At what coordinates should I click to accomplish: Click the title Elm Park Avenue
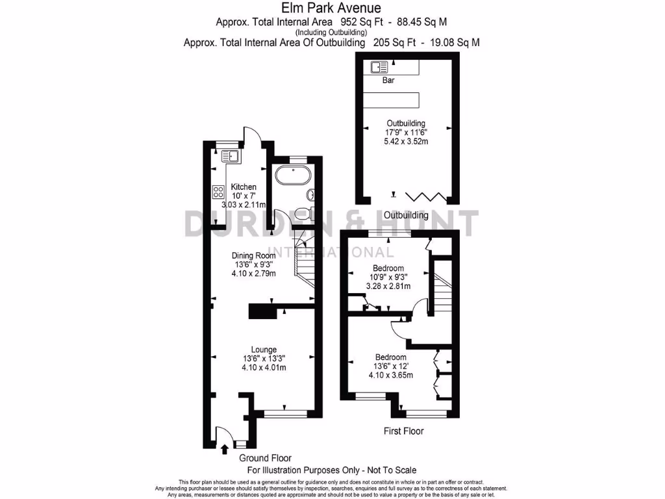click(332, 8)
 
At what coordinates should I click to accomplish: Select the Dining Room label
click(255, 255)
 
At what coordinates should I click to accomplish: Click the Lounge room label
click(264, 349)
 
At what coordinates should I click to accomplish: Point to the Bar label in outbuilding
click(388, 81)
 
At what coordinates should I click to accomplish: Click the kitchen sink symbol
click(231, 155)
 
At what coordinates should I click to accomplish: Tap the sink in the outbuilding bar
click(379, 66)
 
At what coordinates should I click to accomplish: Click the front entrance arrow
click(225, 448)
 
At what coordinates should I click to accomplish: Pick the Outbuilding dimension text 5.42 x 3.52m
click(406, 141)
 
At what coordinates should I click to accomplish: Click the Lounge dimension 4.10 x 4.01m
click(264, 368)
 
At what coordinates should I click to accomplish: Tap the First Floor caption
click(404, 431)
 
